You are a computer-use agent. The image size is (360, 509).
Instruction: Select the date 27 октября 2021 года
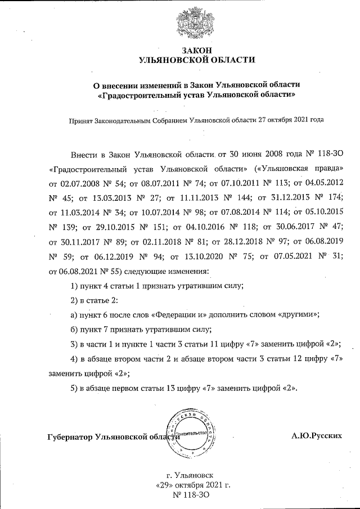click(x=291, y=120)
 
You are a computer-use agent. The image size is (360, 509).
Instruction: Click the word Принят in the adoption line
click(x=81, y=120)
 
